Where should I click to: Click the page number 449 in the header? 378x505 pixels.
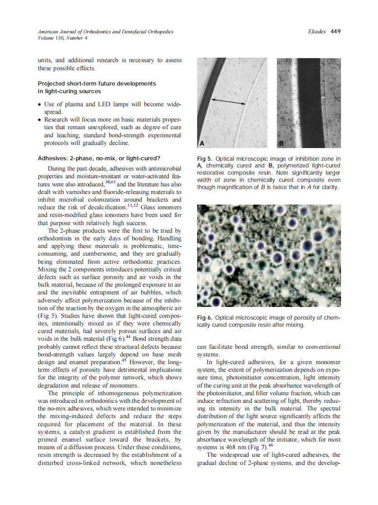coord(335,32)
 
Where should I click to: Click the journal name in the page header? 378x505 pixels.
coord(105,32)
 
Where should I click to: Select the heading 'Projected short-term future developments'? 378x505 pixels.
coord(97,84)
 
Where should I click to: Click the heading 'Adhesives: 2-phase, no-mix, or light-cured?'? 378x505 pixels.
coord(99,158)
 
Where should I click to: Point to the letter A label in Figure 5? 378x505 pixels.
coord(202,143)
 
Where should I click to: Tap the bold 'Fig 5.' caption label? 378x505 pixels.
coord(205,159)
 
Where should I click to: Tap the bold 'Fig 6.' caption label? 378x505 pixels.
coord(205,318)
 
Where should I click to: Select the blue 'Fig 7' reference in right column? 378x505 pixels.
coord(259,447)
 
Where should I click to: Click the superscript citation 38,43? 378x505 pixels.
coord(110,182)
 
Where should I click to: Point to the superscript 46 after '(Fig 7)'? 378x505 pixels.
coord(271,445)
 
